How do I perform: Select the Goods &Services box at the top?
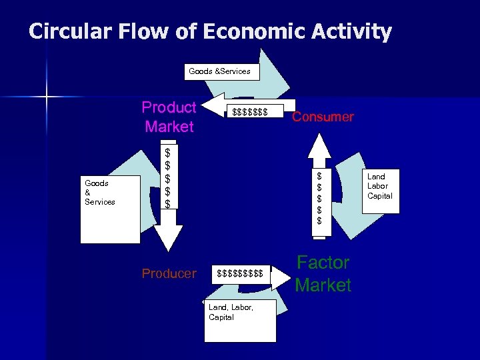[219, 71]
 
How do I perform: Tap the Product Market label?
[169, 117]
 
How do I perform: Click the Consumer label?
[323, 117]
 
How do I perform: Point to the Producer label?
[169, 274]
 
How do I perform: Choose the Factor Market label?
[323, 274]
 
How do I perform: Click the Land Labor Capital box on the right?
[380, 187]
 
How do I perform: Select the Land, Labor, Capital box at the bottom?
[239, 319]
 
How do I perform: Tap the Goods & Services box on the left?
[110, 208]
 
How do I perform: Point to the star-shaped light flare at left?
[47, 98]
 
